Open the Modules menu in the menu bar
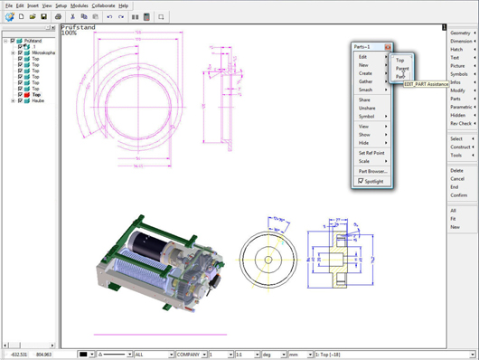point(80,5)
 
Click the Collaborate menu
point(104,5)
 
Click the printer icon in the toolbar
point(59,16)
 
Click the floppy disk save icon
point(43,16)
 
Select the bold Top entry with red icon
point(36,95)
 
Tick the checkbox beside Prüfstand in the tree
point(13,41)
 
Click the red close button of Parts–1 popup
point(388,47)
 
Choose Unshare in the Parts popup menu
point(367,108)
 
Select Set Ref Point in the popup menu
point(372,153)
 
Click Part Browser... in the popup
point(372,171)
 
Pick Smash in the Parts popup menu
point(365,90)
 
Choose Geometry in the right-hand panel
point(460,33)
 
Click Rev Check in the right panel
point(460,123)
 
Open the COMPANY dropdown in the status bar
point(192,355)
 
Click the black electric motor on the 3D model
point(142,243)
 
